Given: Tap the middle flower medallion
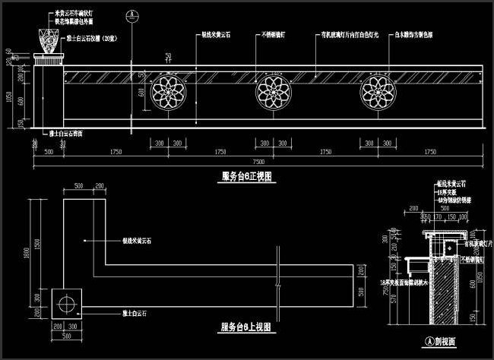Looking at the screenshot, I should [272, 93].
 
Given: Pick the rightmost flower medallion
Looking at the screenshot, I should [378, 93].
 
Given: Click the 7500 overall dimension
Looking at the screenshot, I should [258, 161].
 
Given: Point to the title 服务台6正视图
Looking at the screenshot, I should [247, 176].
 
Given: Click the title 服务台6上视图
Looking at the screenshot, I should [245, 327].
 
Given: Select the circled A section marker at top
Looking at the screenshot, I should [132, 14].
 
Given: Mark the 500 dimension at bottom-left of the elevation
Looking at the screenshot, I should [49, 152].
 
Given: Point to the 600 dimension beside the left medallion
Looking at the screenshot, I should [142, 93].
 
